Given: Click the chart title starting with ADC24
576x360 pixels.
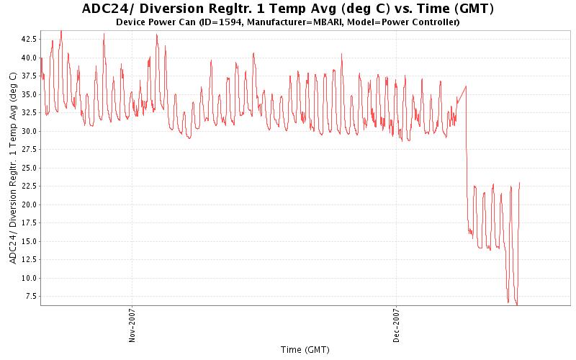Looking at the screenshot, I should point(288,9).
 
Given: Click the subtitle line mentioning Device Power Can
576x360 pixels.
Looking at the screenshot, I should point(288,22).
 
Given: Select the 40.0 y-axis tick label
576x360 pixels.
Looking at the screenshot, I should point(30,58).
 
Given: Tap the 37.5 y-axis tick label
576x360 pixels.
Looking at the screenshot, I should point(30,76).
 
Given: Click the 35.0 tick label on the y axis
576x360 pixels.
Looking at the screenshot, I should point(30,94).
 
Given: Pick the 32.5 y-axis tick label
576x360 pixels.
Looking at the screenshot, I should point(30,113).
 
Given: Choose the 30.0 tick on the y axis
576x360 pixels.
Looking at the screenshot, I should point(30,131).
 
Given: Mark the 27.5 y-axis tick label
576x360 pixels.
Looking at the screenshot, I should point(30,150).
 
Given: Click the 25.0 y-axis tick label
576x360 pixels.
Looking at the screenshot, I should point(30,168).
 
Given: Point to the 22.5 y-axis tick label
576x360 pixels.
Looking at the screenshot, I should point(30,186).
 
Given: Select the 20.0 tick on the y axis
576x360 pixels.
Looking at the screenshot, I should point(30,204).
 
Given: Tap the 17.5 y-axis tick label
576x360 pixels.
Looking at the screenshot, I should point(30,223).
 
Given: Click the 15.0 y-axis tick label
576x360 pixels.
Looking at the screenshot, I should point(30,241).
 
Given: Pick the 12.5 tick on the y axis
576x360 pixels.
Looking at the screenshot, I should point(30,260).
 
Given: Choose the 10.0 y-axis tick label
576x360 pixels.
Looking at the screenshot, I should point(30,278).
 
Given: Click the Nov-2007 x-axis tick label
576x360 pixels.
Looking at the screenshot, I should point(132,326).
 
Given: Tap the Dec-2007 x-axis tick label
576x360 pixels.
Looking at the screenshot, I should point(396,326).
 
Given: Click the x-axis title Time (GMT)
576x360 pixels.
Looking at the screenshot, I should point(305,350).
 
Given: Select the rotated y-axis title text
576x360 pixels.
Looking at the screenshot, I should point(13,167).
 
